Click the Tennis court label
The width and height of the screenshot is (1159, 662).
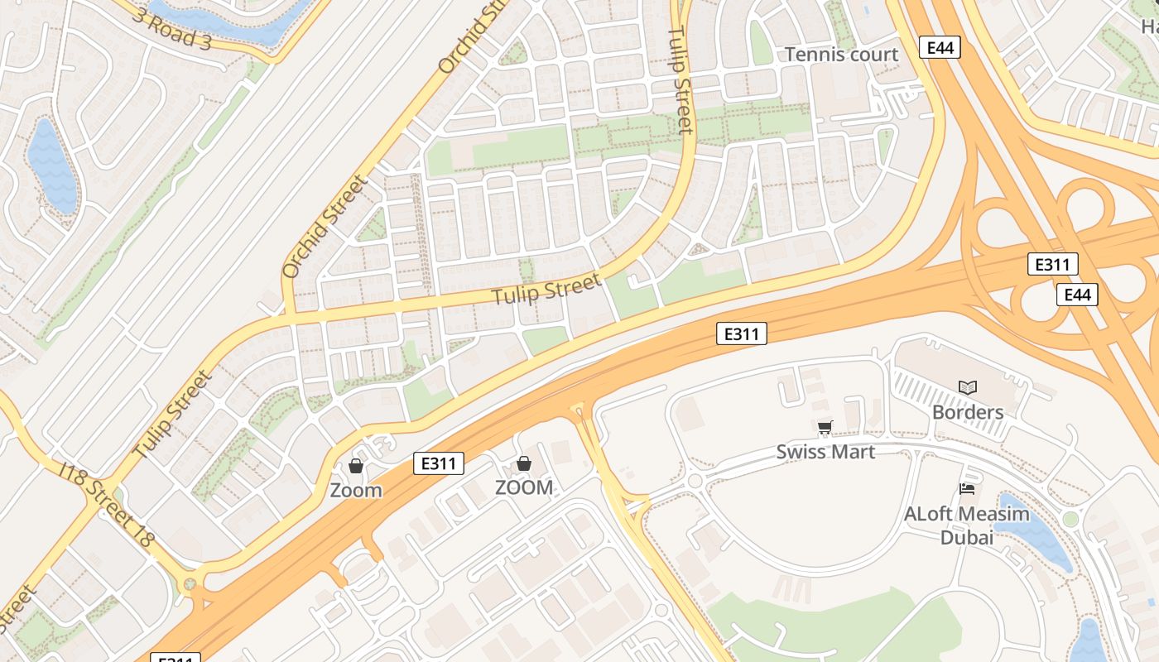[841, 55]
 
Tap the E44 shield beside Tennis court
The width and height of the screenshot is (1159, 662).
[940, 47]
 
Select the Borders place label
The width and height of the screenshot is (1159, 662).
[967, 412]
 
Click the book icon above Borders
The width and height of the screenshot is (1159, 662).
[967, 387]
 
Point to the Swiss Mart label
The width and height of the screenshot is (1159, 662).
[825, 452]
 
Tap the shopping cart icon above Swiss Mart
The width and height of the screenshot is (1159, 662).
[825, 428]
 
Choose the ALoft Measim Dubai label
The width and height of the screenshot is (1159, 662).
[966, 525]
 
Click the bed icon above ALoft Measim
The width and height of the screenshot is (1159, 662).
[966, 489]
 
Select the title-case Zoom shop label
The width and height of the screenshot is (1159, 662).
[356, 490]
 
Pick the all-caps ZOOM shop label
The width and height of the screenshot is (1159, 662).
[523, 487]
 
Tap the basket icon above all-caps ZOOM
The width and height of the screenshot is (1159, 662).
[523, 463]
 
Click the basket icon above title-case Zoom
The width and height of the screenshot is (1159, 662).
[356, 466]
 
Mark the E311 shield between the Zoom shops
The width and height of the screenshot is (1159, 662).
[439, 463]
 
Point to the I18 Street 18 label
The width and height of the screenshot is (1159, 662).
[108, 504]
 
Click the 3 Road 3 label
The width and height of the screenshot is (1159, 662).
[171, 27]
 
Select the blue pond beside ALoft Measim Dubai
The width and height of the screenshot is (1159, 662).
[1035, 534]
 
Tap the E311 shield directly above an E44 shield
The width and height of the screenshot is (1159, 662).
[1052, 265]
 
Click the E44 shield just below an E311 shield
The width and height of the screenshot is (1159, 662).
[1077, 295]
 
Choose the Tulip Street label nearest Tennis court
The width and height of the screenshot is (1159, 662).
[680, 80]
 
